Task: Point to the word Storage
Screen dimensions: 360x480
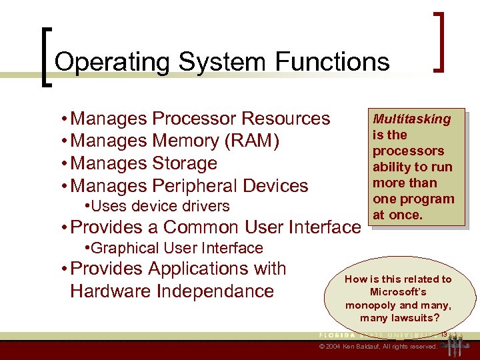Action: [x=185, y=163]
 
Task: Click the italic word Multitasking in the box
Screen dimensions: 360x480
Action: [x=411, y=119]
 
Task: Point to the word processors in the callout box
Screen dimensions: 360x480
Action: [x=408, y=151]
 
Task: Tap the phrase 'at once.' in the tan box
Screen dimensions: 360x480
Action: [x=397, y=215]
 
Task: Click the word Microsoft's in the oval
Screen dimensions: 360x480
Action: [x=398, y=292]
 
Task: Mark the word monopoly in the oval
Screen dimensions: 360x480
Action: [x=371, y=305]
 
